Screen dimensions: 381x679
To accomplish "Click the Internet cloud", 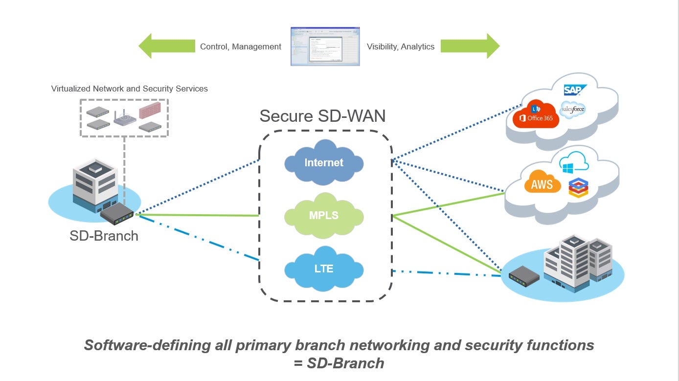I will click(x=324, y=163).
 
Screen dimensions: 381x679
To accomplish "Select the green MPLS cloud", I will click(x=324, y=215).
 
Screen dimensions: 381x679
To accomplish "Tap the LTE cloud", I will click(x=324, y=269).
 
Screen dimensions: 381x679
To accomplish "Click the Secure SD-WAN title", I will click(x=322, y=116).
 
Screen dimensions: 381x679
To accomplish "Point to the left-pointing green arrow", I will click(x=166, y=46).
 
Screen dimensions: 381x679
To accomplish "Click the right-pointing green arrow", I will click(x=470, y=46).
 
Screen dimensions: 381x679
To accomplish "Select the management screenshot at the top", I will click(x=325, y=46).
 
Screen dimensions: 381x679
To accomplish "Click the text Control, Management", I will click(x=241, y=47).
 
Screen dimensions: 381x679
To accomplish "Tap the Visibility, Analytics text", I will click(x=401, y=47).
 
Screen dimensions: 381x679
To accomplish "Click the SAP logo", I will click(x=575, y=90).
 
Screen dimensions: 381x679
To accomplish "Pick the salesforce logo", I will click(x=573, y=109).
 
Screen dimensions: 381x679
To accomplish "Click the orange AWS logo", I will click(x=542, y=184).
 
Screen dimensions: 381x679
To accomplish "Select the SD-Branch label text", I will click(x=104, y=236).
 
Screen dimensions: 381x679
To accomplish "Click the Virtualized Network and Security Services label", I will click(x=130, y=89).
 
